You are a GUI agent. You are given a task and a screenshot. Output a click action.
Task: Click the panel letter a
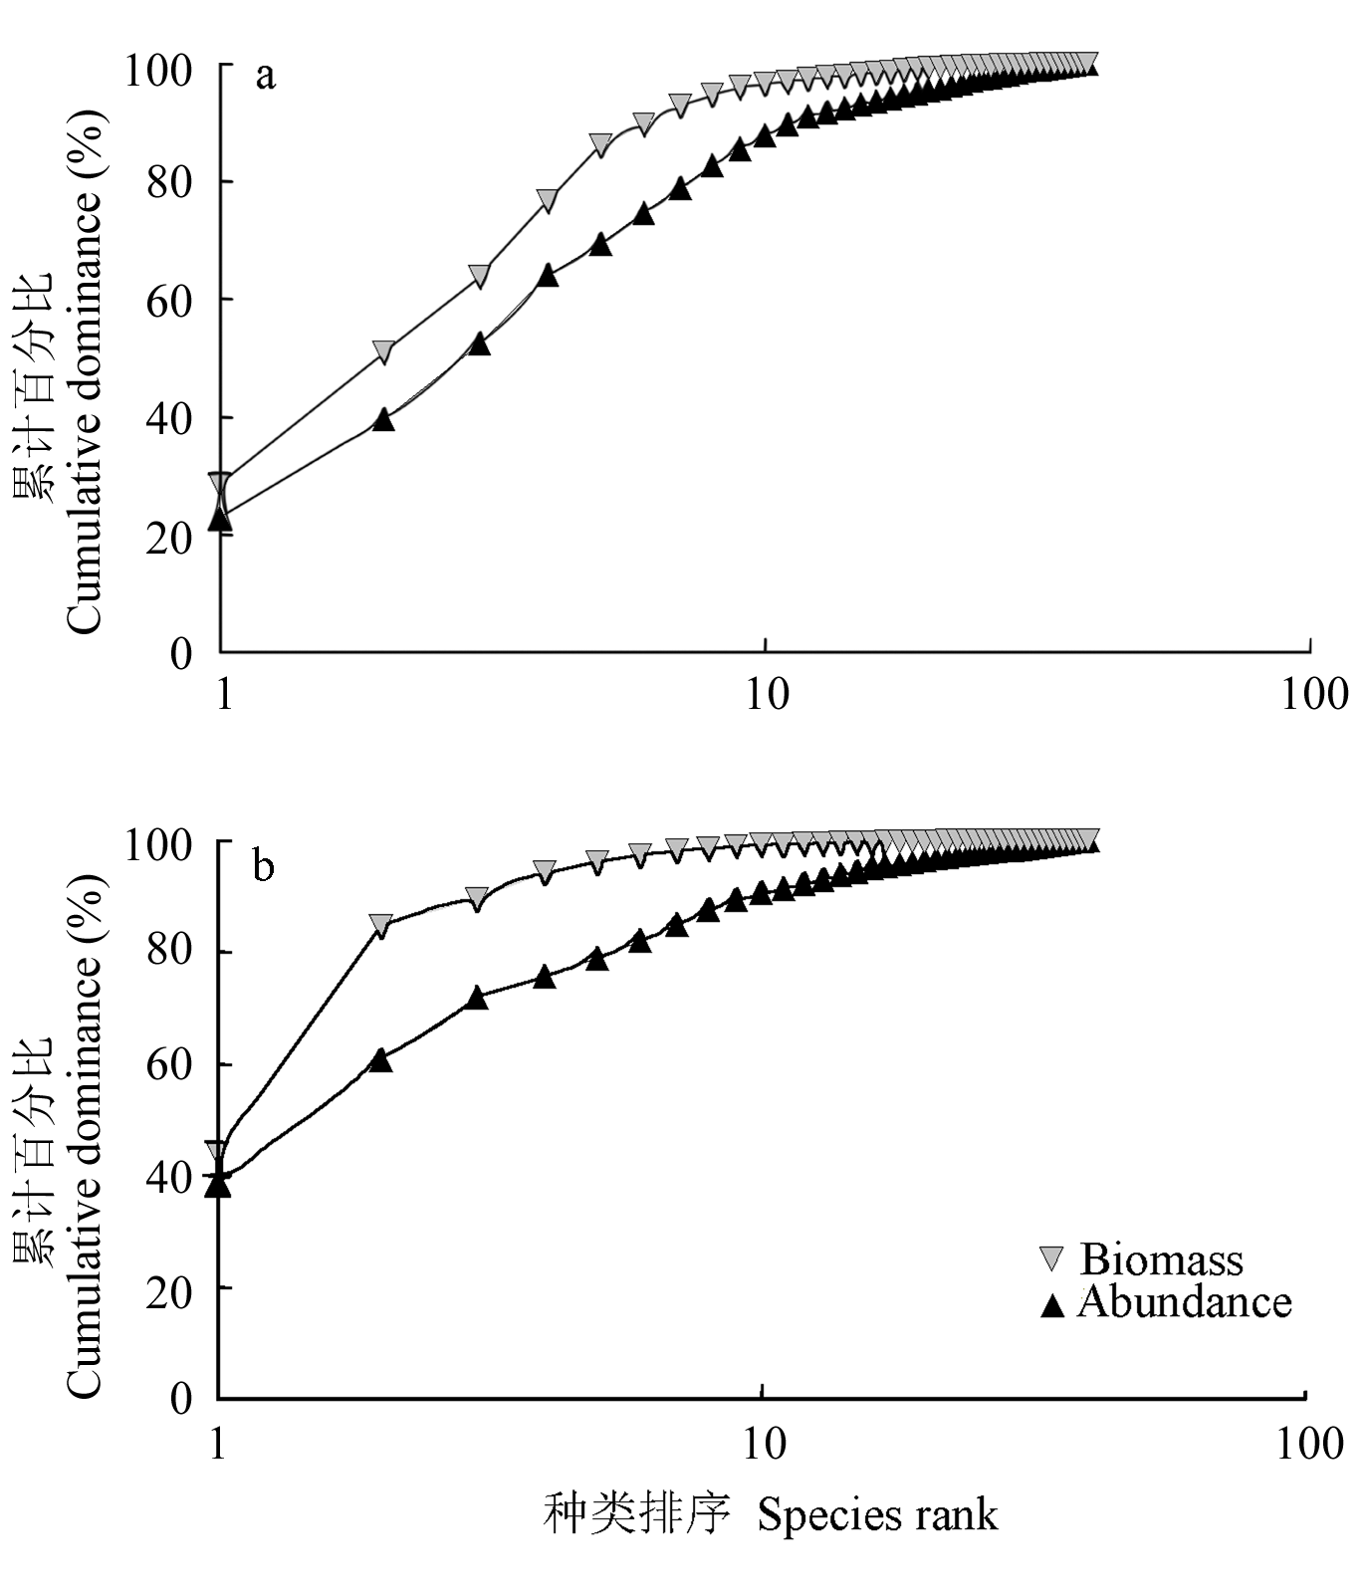(265, 76)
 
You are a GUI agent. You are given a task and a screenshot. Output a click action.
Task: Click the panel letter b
(264, 867)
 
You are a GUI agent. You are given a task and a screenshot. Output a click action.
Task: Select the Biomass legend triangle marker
(1051, 1258)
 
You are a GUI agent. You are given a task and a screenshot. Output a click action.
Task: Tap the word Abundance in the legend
(1184, 1302)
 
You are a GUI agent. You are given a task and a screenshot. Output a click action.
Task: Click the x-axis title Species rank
(876, 1514)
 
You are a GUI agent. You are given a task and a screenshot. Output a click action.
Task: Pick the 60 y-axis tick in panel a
(168, 300)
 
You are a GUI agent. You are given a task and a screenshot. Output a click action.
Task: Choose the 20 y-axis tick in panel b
(167, 1287)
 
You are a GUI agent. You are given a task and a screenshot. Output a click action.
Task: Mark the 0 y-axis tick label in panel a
(180, 653)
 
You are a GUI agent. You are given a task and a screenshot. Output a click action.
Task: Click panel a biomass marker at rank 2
(383, 352)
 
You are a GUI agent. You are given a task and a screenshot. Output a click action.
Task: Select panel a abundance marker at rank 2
(383, 419)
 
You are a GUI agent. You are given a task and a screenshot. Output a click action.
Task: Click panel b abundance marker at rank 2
(381, 1060)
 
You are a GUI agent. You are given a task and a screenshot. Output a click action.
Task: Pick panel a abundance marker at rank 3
(479, 342)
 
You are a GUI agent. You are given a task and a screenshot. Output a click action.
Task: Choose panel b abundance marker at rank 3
(477, 997)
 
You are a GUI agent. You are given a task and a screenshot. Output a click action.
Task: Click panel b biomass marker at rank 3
(477, 898)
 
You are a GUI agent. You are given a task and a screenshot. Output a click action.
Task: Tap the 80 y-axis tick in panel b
(167, 953)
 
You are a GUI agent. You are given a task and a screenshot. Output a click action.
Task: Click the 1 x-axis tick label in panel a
(224, 693)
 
